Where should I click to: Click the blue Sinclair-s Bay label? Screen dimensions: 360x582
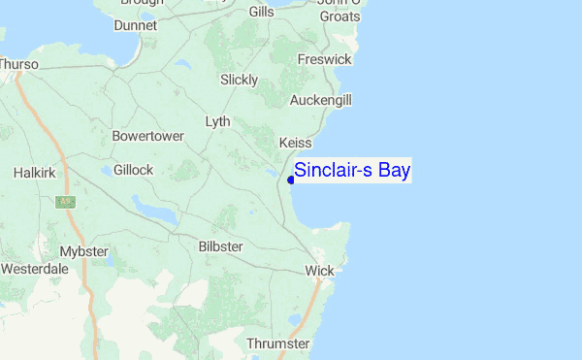tap(352, 171)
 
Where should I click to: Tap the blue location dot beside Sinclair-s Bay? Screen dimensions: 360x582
tap(291, 179)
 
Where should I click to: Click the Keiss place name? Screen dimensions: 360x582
tap(295, 143)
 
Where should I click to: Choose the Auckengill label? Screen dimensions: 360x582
tap(321, 100)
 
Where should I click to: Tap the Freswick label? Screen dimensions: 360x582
tap(325, 59)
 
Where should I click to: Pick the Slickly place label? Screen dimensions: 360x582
tap(239, 80)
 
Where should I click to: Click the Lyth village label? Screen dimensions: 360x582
tap(218, 121)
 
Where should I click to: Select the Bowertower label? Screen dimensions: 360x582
tap(147, 136)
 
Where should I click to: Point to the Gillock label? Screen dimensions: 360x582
tap(133, 170)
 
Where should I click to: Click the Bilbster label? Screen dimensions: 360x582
tap(220, 246)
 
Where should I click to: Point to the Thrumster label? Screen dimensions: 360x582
tap(277, 344)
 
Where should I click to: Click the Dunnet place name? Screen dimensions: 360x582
tap(135, 25)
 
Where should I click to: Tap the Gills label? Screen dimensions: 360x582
tap(261, 12)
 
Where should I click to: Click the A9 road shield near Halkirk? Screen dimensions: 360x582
tap(66, 202)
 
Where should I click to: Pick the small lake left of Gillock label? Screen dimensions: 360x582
tap(105, 172)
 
